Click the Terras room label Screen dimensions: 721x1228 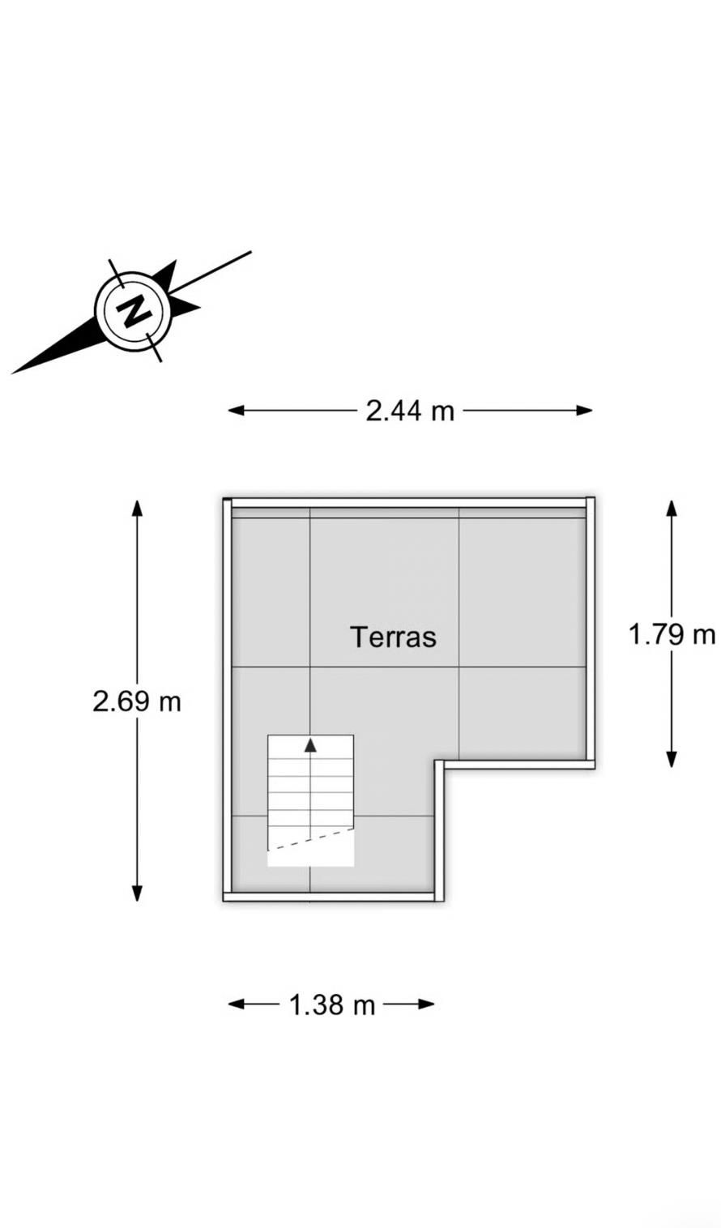pos(393,637)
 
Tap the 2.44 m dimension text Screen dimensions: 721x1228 pos(410,411)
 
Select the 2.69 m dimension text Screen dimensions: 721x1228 pos(137,701)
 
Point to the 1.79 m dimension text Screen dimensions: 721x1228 pos(672,634)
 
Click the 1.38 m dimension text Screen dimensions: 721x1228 pos(332,1005)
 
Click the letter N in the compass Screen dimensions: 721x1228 pos(133,310)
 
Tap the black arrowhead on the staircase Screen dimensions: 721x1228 pos(310,745)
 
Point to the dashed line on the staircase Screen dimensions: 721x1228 pos(311,838)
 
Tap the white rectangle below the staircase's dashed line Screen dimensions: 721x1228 pos(311,855)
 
